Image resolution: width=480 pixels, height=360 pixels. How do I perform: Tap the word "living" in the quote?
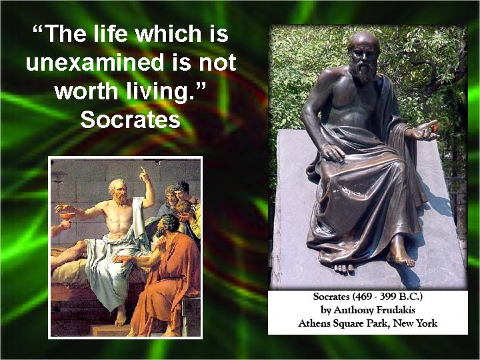pyautogui.click(x=169, y=91)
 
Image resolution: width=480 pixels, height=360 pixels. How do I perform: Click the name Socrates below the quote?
pyautogui.click(x=130, y=120)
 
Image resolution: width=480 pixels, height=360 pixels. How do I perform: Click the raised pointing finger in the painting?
pyautogui.click(x=142, y=173)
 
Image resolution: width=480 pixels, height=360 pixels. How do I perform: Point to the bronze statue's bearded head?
pyautogui.click(x=364, y=56)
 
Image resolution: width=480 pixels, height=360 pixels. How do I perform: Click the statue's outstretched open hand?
pyautogui.click(x=424, y=129)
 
